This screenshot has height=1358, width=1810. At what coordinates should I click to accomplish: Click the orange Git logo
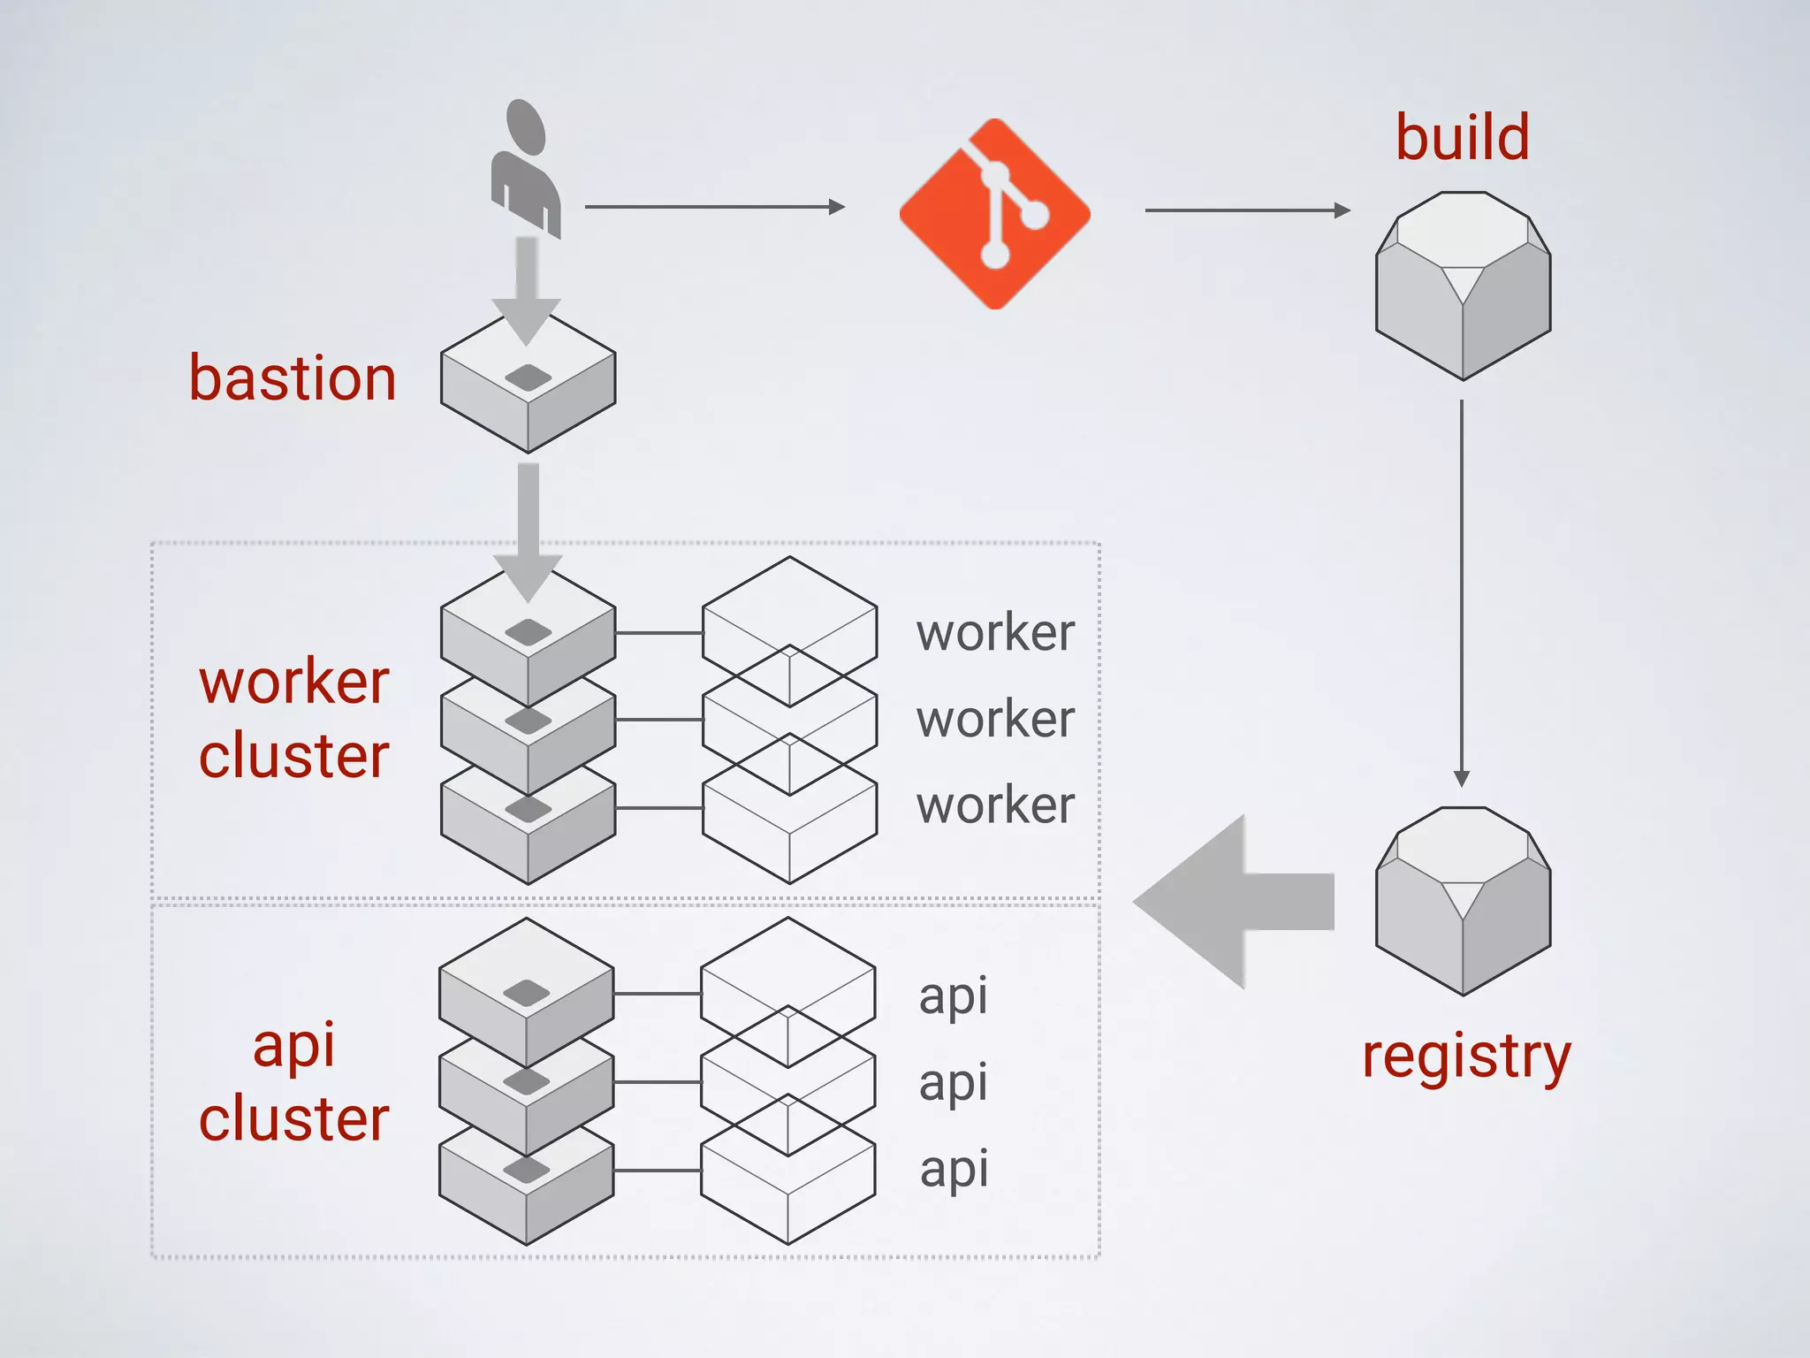pyautogui.click(x=994, y=214)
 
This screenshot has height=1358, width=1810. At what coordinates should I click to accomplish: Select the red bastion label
pyautogui.click(x=293, y=378)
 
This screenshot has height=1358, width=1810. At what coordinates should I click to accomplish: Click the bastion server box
pyautogui.click(x=528, y=389)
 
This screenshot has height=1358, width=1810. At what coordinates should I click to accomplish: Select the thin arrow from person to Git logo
pyautogui.click(x=713, y=207)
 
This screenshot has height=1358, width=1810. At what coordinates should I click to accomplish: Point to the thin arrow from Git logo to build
pyautogui.click(x=1246, y=210)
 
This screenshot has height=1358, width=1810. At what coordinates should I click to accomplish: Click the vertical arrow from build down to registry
pyautogui.click(x=1462, y=592)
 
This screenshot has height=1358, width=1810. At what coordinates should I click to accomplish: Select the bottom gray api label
pyautogui.click(x=954, y=1170)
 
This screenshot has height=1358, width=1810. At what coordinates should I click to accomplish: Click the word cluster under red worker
pyautogui.click(x=293, y=757)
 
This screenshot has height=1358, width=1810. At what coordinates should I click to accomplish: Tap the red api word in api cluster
pyautogui.click(x=293, y=1045)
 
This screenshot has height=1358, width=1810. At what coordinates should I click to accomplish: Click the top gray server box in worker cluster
pyautogui.click(x=528, y=637)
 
